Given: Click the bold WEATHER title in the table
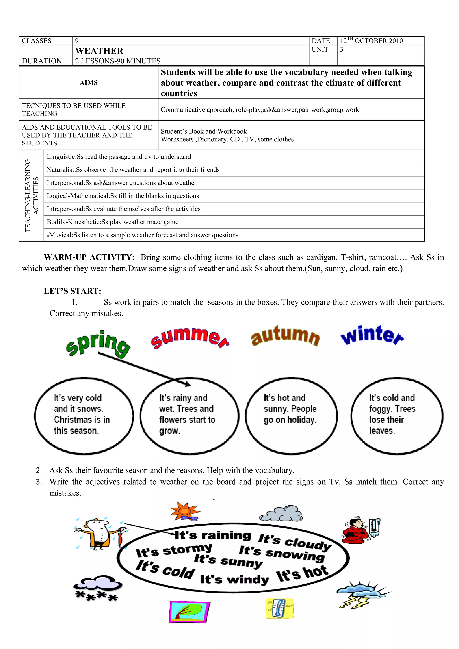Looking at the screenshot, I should pyautogui.click(x=99, y=51).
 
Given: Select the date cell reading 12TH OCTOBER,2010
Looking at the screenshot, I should pyautogui.click(x=371, y=41).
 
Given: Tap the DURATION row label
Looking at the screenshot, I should pyautogui.click(x=42, y=61).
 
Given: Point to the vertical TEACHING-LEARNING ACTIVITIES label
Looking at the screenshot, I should pyautogui.click(x=31, y=196).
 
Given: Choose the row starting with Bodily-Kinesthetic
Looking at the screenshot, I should pyautogui.click(x=113, y=222).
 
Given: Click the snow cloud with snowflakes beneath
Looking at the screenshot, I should pyautogui.click(x=97, y=588).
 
